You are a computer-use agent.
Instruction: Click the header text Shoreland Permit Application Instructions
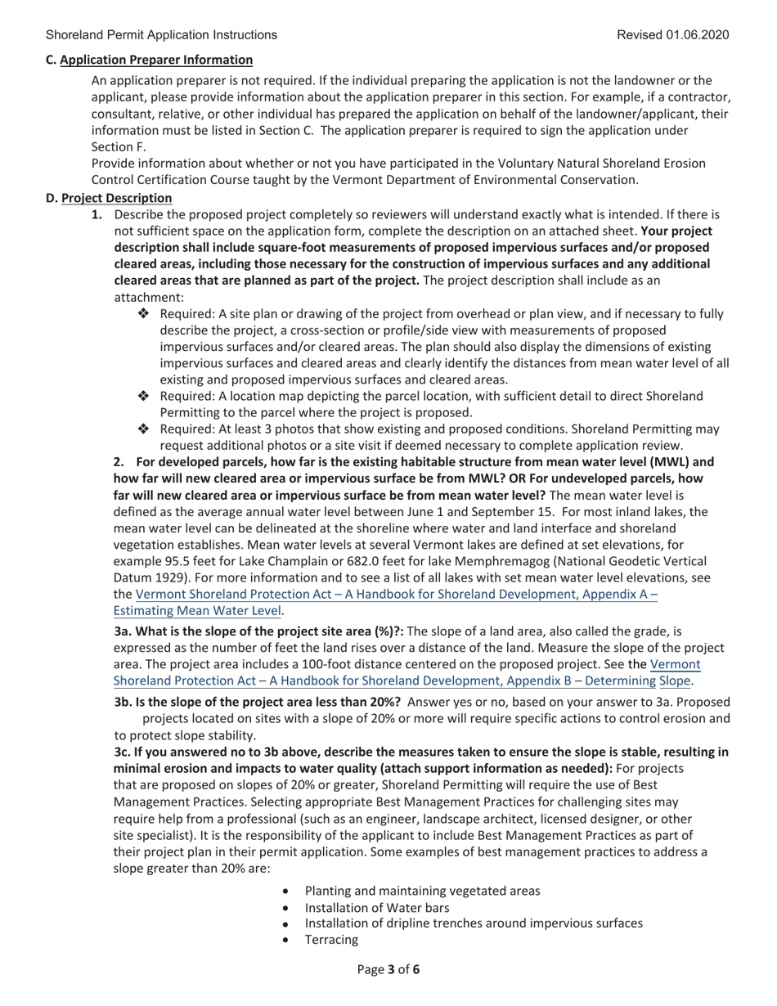(161, 34)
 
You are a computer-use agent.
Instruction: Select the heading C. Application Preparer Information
(149, 60)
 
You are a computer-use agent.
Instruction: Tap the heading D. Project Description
(109, 198)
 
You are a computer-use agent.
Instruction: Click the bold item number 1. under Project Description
(97, 215)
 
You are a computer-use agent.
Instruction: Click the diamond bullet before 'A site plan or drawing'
(143, 314)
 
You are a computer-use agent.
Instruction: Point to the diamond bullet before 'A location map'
(143, 396)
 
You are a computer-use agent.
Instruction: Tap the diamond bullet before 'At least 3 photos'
(143, 429)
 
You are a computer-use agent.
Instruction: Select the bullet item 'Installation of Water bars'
(376, 908)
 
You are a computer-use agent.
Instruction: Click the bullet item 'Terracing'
(331, 940)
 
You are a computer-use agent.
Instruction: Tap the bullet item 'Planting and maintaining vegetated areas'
(422, 891)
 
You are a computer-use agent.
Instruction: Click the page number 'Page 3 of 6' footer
(388, 971)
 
